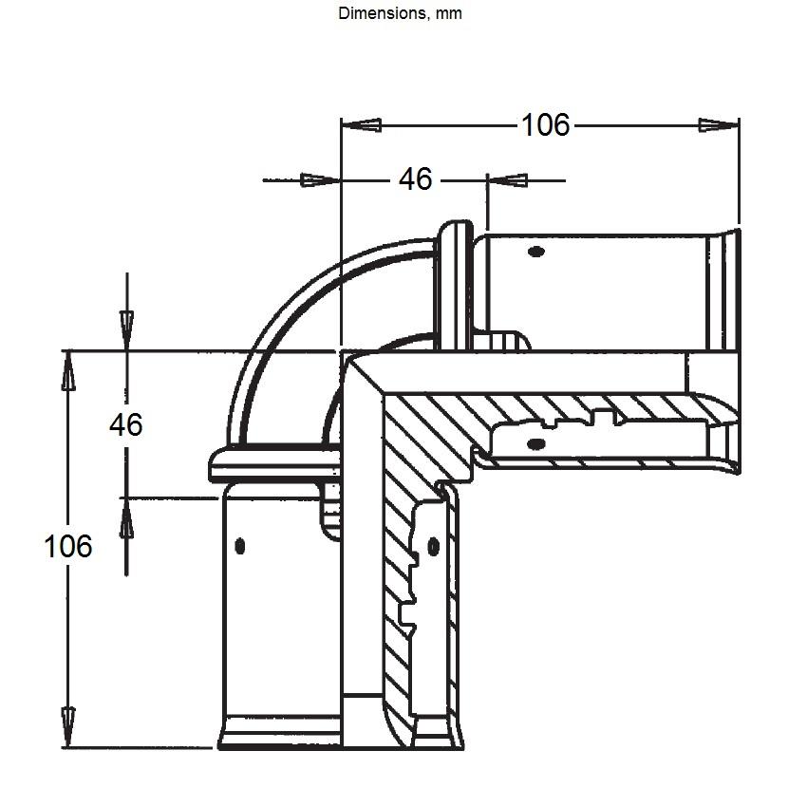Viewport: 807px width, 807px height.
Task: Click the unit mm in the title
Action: [449, 14]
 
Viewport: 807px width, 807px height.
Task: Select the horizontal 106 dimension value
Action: [546, 125]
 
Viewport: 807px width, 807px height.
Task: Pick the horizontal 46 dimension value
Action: [415, 179]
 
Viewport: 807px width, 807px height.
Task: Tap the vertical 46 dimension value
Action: [126, 425]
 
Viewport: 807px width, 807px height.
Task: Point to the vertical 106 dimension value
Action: [68, 546]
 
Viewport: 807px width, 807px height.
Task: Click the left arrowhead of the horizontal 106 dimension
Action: [362, 125]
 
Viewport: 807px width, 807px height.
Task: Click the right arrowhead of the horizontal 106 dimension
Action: [719, 125]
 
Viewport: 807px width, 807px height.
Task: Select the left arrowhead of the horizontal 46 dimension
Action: [320, 180]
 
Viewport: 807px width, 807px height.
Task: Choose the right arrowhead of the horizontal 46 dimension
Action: [508, 180]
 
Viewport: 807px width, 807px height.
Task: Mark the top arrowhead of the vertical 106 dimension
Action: [68, 371]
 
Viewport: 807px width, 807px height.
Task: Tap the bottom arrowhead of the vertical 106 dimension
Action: [68, 727]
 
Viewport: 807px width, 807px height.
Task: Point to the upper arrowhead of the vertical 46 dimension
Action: [126, 330]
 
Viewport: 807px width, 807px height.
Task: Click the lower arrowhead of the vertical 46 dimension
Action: [126, 518]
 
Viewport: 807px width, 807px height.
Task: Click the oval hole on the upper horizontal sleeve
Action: [536, 252]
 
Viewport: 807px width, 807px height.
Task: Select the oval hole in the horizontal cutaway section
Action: [536, 443]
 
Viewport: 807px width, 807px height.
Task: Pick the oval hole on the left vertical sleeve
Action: [240, 546]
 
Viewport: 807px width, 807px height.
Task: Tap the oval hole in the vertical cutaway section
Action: [433, 546]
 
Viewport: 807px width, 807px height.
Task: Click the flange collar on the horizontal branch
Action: [454, 286]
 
